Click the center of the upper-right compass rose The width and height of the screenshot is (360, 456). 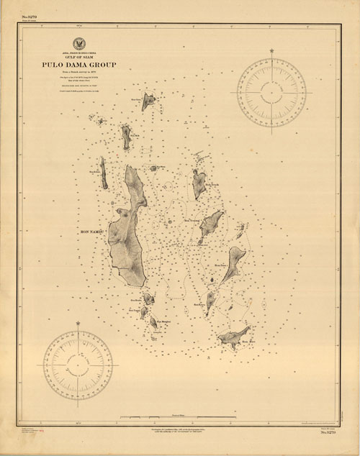(271, 91)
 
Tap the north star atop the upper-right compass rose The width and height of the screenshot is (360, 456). (271, 51)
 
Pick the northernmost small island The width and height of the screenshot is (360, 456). (148, 101)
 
